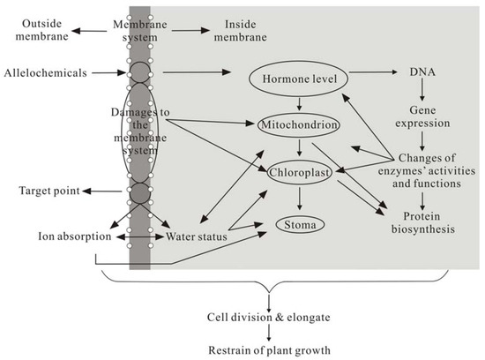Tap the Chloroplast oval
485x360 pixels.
point(302,175)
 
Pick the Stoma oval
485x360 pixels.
point(302,226)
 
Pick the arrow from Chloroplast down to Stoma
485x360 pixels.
point(301,199)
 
